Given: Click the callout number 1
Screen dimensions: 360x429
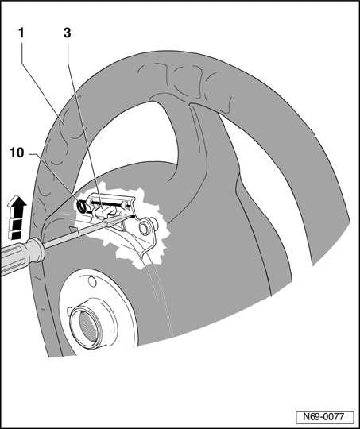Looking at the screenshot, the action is tap(21, 33).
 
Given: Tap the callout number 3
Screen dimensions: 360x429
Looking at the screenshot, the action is tap(68, 33).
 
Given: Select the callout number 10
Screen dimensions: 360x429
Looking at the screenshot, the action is tap(17, 153).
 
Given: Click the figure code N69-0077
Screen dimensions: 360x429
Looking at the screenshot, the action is tap(324, 417).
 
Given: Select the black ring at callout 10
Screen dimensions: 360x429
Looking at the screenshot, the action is tap(82, 207).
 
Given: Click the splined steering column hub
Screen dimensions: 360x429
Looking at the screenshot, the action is tap(86, 327).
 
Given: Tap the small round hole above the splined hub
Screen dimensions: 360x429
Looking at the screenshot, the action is tap(92, 281).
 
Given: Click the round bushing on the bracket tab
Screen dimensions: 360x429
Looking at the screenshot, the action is tap(145, 228).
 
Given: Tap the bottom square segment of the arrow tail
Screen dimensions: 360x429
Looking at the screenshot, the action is tap(15, 234).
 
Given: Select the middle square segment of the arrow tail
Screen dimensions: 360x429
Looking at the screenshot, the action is tap(15, 224).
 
